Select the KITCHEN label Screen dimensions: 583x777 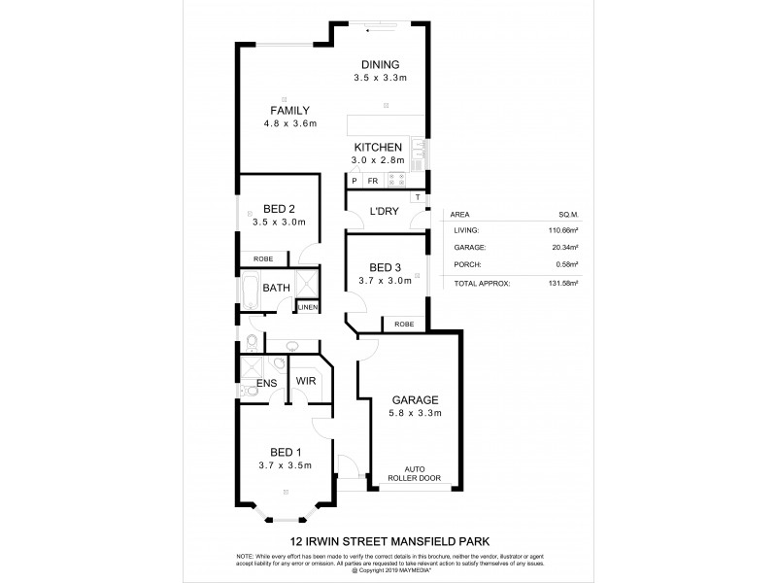tap(378, 148)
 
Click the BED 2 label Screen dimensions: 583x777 tap(280, 208)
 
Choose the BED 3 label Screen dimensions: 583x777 tap(386, 267)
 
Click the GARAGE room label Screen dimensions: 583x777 tap(417, 399)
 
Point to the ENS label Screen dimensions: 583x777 tap(267, 383)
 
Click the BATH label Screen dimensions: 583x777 tap(276, 288)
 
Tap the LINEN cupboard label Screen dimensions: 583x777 tap(307, 307)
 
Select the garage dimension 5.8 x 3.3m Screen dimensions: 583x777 tap(417, 413)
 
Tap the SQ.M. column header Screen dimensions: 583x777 tap(566, 216)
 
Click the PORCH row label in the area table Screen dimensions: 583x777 tap(467, 264)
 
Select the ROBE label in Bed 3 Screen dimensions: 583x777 tap(403, 325)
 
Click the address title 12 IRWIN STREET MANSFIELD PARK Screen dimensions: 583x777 tap(388, 542)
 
